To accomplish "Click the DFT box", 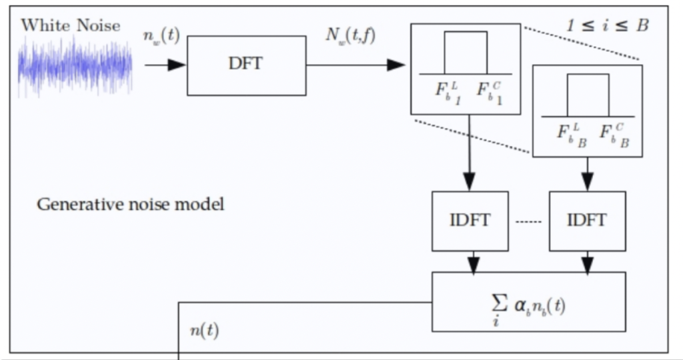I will pyautogui.click(x=246, y=65).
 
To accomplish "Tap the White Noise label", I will pyautogui.click(x=71, y=25).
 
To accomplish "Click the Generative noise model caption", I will pyautogui.click(x=130, y=204).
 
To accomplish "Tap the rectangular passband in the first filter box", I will pyautogui.click(x=466, y=52).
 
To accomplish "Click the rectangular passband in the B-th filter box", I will pyautogui.click(x=588, y=95).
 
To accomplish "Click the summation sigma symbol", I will pyautogui.click(x=495, y=302).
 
